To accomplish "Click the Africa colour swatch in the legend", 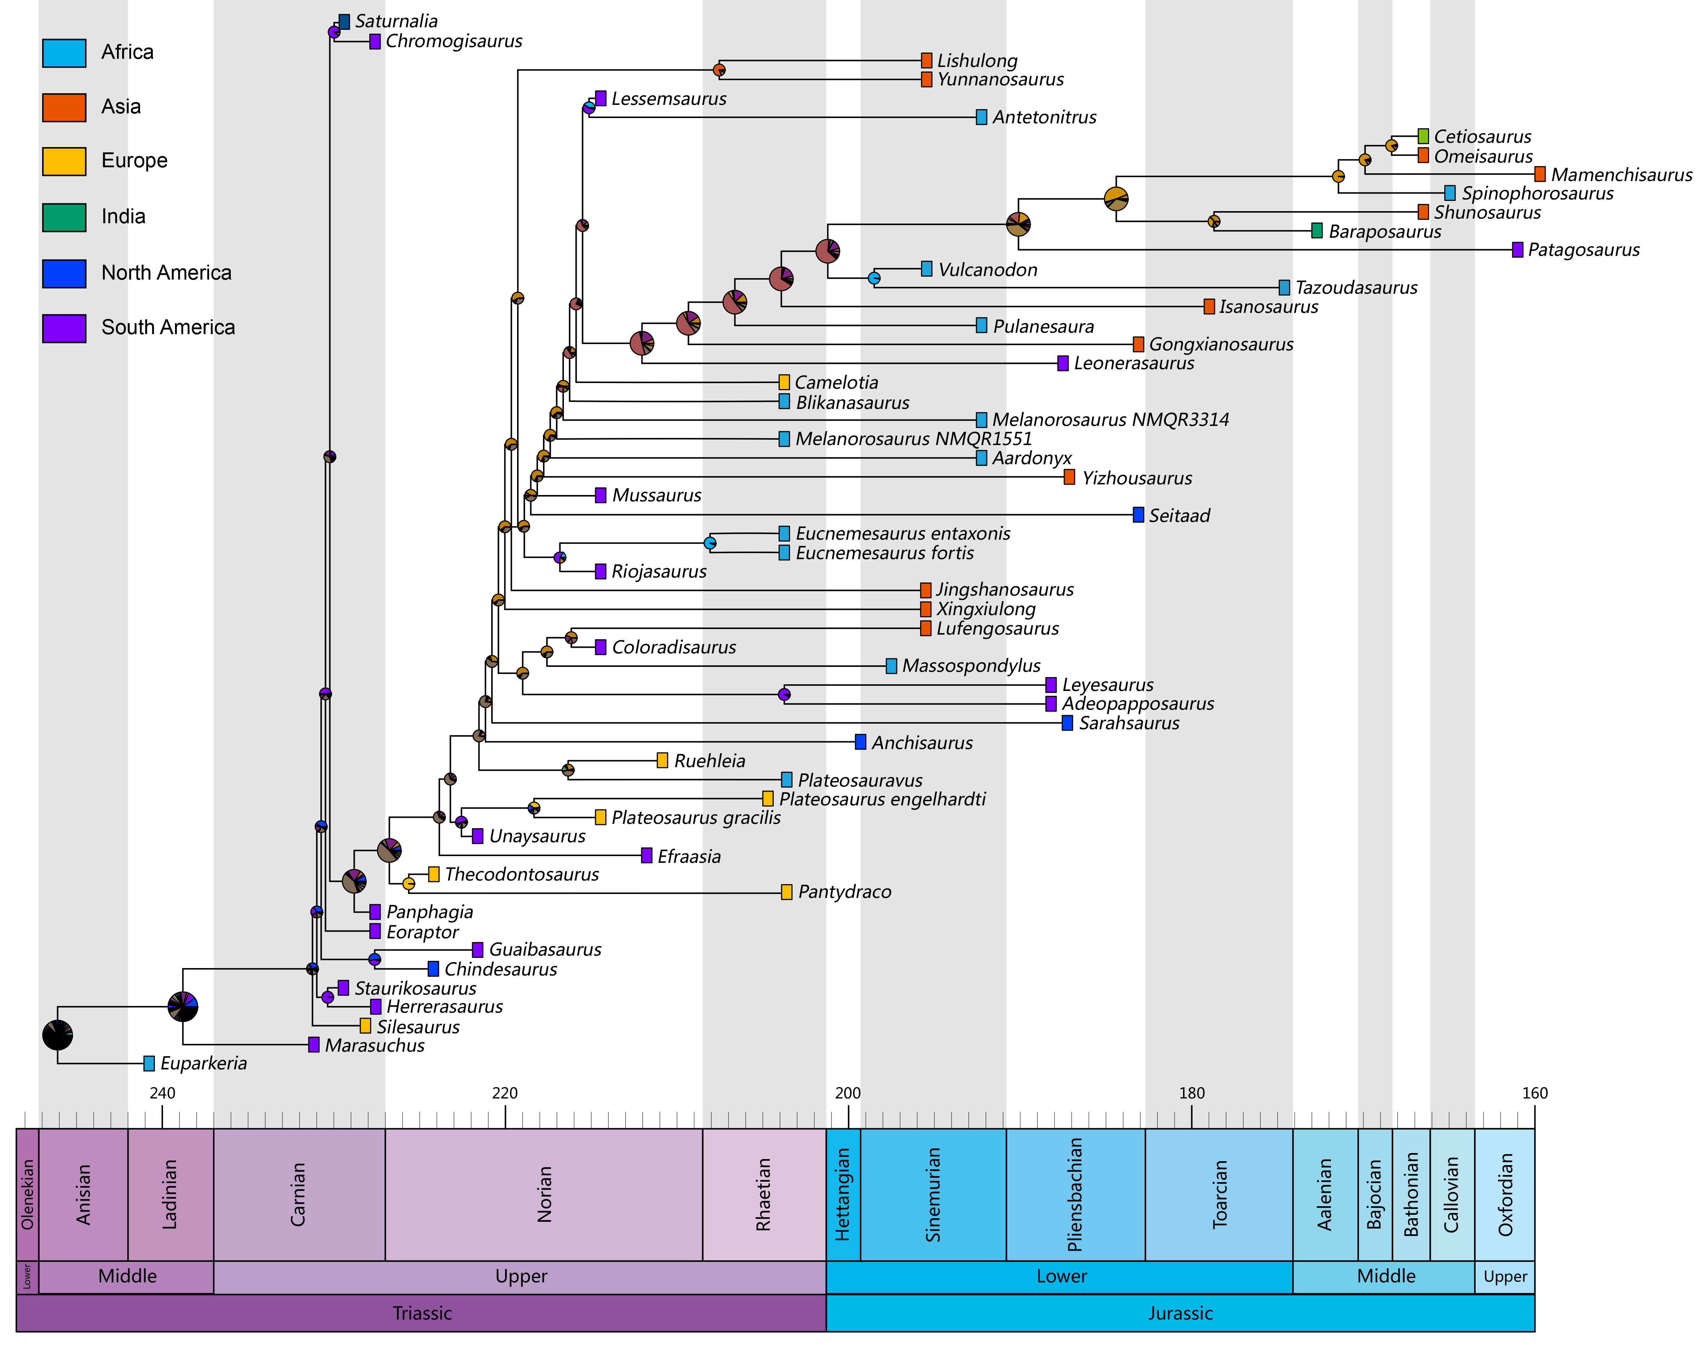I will pyautogui.click(x=64, y=53).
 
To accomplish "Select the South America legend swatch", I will pyautogui.click(x=64, y=328).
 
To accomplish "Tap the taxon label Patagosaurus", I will pyautogui.click(x=1583, y=251).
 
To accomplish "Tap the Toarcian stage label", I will pyautogui.click(x=1220, y=1194).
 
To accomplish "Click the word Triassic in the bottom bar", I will pyautogui.click(x=422, y=1314).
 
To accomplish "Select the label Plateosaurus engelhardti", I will pyautogui.click(x=882, y=799).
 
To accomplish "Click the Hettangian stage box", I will pyautogui.click(x=843, y=1194).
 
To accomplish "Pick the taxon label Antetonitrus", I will pyautogui.click(x=1044, y=118).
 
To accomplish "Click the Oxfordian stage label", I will pyautogui.click(x=1505, y=1194).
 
